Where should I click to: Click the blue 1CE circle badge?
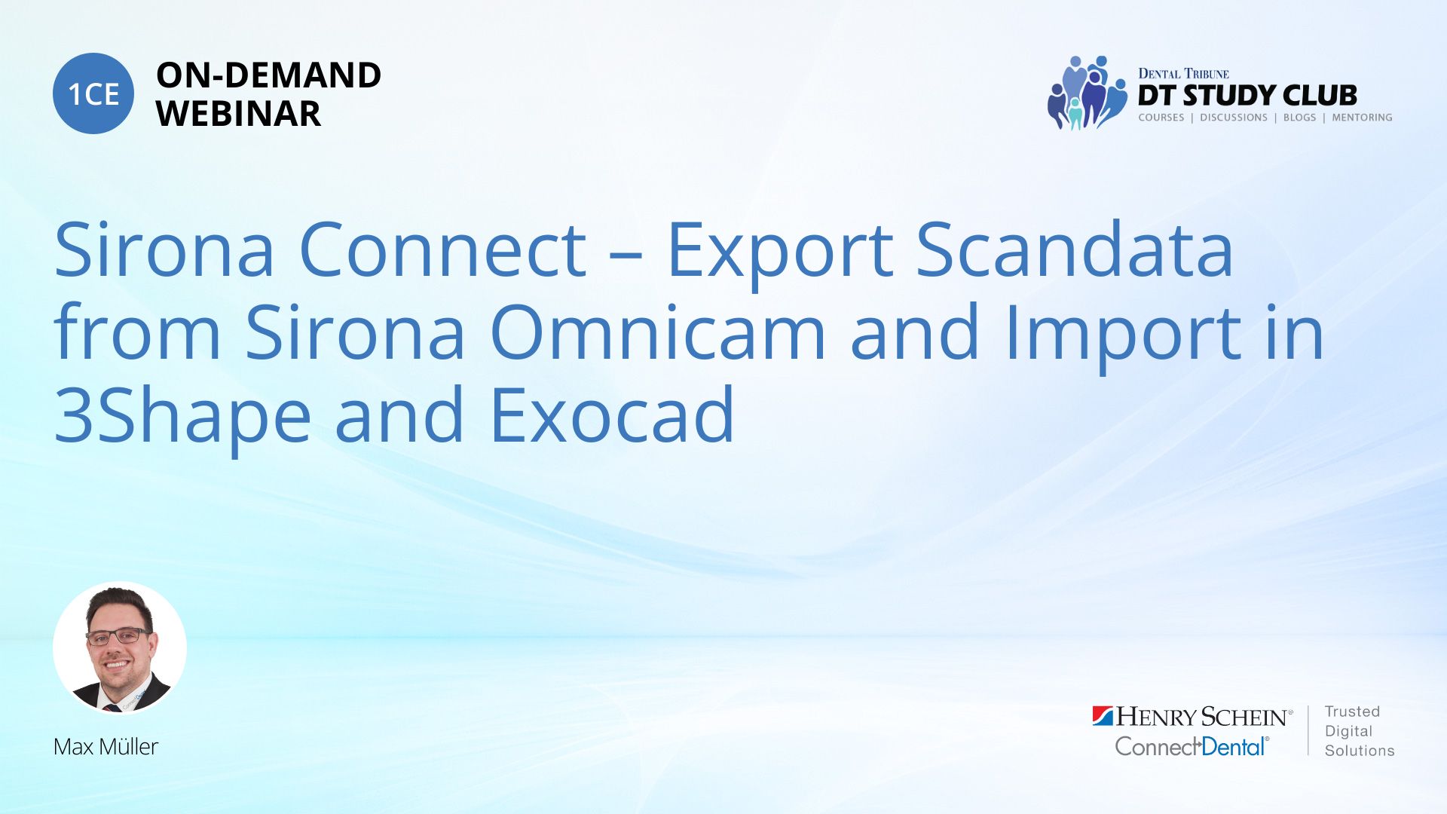[x=93, y=93]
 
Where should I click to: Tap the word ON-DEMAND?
[x=268, y=75]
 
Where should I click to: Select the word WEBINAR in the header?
[x=238, y=114]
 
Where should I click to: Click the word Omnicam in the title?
[x=658, y=332]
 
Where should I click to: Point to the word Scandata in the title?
[x=1074, y=249]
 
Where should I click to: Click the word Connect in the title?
[x=442, y=249]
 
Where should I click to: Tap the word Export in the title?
[x=780, y=253]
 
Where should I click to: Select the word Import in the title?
[x=1123, y=336]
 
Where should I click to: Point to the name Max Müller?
[x=106, y=746]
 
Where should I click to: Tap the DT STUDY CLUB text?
[x=1247, y=95]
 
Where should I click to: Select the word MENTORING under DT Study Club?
[x=1362, y=118]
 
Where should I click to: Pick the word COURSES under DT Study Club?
[x=1161, y=118]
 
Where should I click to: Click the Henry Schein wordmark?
[x=1192, y=716]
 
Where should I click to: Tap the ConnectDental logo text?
[x=1192, y=746]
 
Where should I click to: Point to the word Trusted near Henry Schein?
[x=1352, y=711]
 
